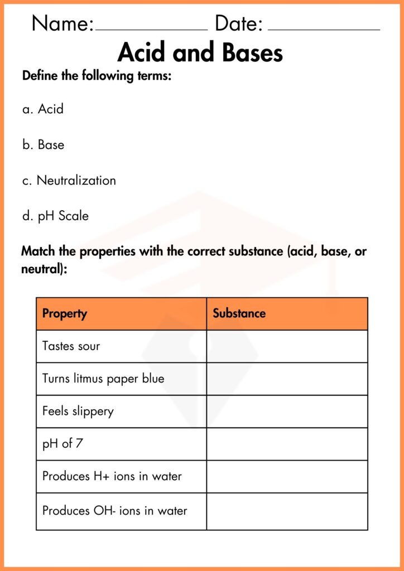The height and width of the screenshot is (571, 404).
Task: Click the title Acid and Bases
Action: click(200, 53)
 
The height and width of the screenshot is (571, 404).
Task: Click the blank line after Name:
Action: click(151, 28)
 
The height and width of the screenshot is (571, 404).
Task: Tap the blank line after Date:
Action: click(324, 28)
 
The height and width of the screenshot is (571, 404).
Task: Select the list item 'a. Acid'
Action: click(43, 109)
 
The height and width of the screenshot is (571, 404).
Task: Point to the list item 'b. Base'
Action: click(43, 145)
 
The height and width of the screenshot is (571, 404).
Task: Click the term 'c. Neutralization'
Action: click(69, 181)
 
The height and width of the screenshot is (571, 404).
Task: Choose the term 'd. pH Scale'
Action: click(55, 216)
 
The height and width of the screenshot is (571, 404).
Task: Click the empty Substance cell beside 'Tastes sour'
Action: click(287, 346)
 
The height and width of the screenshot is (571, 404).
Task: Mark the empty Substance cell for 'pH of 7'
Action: click(287, 444)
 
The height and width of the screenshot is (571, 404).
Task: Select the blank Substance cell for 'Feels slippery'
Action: click(287, 412)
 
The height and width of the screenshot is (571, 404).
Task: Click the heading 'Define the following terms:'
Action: click(97, 76)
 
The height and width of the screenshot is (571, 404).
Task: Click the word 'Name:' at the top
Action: click(62, 24)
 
